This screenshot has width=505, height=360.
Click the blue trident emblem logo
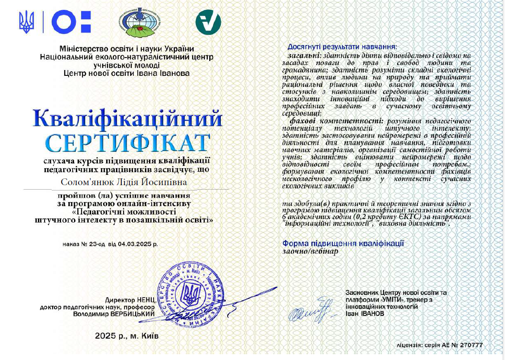tap(26, 22)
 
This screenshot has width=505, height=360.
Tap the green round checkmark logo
tap(208, 22)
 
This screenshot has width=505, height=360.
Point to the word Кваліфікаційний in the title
tap(128, 119)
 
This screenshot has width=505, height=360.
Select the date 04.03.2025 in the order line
tap(134, 244)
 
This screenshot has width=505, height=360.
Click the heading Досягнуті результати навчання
tap(342, 46)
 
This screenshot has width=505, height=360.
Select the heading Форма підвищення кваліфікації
tap(343, 243)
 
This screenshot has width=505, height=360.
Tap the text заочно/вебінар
tap(310, 251)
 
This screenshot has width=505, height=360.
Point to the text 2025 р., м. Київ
tap(127, 335)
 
